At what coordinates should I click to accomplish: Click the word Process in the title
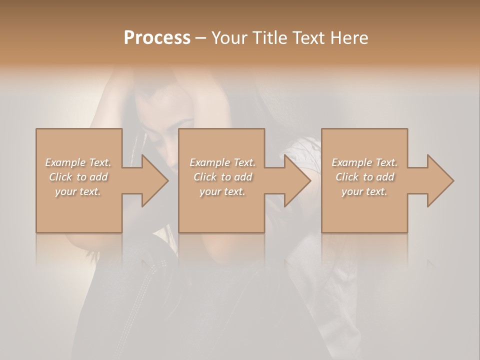click(x=157, y=38)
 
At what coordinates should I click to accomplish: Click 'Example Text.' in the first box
click(x=78, y=162)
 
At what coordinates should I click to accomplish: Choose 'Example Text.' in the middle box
click(x=222, y=162)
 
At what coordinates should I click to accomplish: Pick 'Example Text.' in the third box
click(x=364, y=162)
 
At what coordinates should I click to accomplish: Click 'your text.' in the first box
click(x=78, y=191)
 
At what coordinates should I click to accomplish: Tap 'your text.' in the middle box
click(x=222, y=191)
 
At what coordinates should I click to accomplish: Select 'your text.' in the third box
click(x=364, y=191)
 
